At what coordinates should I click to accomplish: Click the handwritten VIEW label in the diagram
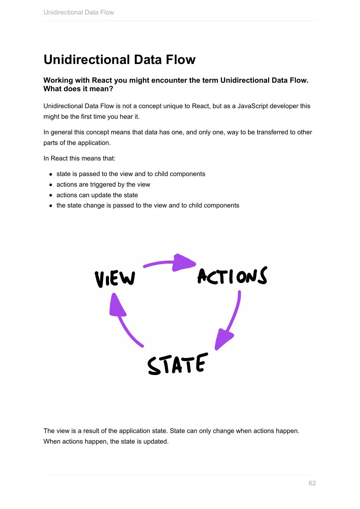pos(115,279)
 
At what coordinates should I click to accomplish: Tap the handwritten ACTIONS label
pos(232,276)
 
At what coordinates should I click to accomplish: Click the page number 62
pos(312,483)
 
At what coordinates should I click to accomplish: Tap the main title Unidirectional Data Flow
pos(119,59)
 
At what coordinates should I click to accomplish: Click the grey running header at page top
pos(78,12)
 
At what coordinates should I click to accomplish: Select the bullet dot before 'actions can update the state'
pos(51,195)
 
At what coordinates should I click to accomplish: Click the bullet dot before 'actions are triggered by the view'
pos(51,185)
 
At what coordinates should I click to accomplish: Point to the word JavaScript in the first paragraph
pos(253,106)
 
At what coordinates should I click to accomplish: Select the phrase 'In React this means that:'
pos(79,158)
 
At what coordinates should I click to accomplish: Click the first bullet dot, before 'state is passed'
pos(51,174)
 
